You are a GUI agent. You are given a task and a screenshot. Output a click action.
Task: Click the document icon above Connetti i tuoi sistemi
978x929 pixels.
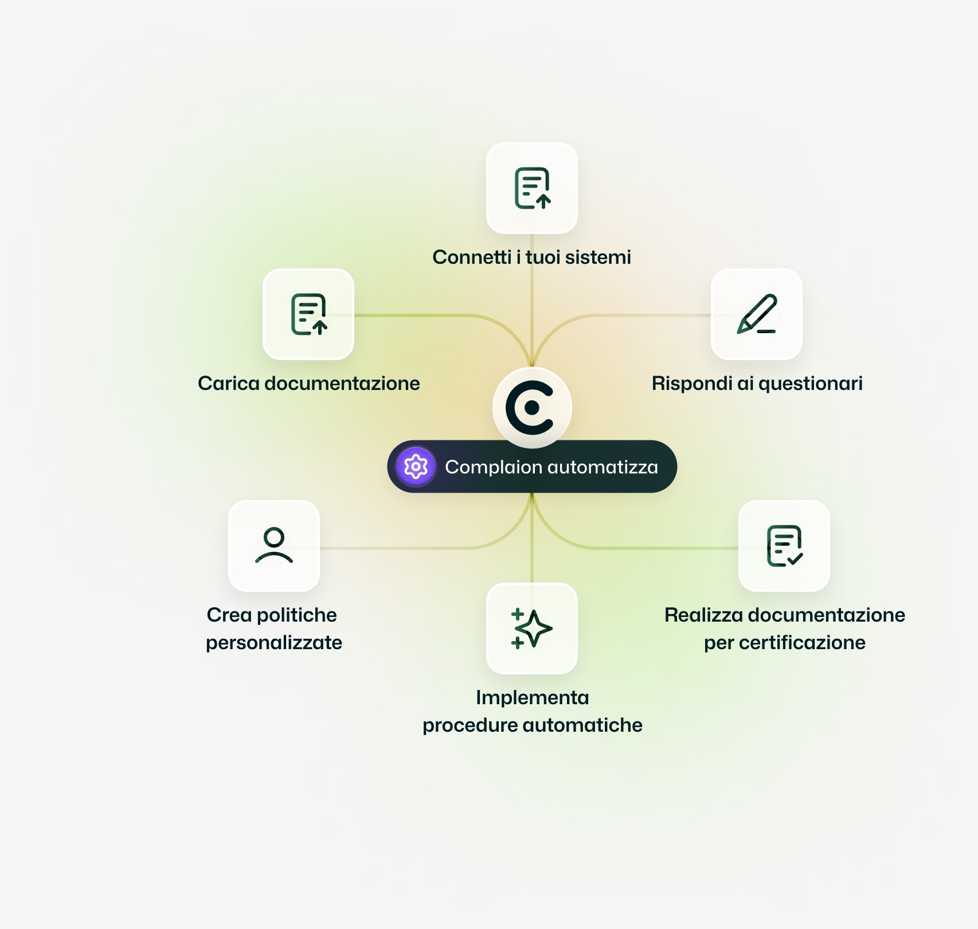tap(532, 188)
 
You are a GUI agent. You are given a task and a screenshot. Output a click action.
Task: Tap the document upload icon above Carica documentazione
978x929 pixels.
tap(308, 314)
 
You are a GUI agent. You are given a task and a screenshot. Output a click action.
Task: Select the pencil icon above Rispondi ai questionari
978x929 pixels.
tap(757, 314)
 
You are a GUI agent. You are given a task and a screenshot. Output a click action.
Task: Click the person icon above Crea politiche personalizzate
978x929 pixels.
tap(274, 545)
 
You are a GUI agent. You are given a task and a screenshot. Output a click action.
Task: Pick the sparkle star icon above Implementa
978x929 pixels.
tap(532, 629)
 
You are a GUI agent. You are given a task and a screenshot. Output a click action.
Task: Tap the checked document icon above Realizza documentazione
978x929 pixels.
tap(784, 545)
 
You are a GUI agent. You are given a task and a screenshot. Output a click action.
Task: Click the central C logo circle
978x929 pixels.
tap(531, 407)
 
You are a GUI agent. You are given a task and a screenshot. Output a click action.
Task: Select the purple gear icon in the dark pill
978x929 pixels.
tap(416, 467)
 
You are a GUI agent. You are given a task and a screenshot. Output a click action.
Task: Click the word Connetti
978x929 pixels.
tap(472, 257)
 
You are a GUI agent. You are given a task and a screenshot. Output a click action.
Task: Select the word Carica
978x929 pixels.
tap(228, 384)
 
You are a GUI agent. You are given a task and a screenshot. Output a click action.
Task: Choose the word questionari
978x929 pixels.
tap(811, 384)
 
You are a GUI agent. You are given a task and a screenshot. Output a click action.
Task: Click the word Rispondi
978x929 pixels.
tap(692, 384)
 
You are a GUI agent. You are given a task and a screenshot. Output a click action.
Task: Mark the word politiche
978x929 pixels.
tap(297, 615)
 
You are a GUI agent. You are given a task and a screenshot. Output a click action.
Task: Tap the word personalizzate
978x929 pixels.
tap(274, 643)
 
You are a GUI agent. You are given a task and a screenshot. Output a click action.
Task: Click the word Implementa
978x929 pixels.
tap(533, 698)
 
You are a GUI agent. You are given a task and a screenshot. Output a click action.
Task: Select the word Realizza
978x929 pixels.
tap(703, 615)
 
